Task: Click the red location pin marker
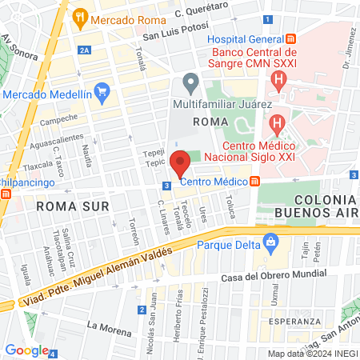[x=180, y=164]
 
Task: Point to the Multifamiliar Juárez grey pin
[x=190, y=82]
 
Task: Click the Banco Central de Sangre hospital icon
[x=278, y=78]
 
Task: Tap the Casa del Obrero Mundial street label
[x=266, y=278]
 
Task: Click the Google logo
[x=26, y=350]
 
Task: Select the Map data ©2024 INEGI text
[x=311, y=354]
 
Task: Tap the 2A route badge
[x=85, y=49]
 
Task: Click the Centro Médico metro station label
[x=214, y=182]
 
